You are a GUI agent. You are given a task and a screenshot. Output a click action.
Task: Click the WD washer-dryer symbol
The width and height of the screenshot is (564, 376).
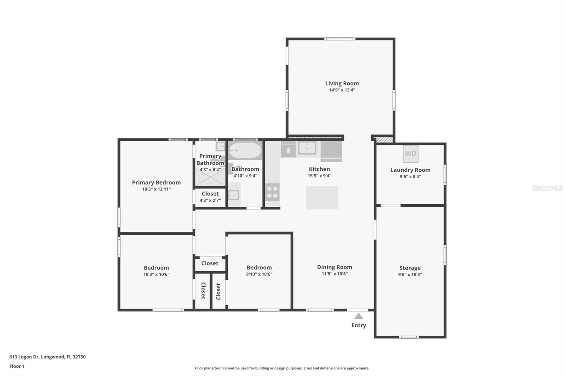point(410,154)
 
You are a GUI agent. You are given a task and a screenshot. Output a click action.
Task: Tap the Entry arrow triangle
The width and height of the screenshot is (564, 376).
point(358,316)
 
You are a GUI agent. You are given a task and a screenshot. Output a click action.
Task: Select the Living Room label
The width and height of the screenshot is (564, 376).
point(342,83)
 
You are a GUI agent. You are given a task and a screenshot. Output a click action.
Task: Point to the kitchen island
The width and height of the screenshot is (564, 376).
point(322,198)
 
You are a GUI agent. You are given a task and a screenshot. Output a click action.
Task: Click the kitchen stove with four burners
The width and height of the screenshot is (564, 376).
point(272,192)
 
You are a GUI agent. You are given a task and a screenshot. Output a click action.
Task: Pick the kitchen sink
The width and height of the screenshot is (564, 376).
point(307,148)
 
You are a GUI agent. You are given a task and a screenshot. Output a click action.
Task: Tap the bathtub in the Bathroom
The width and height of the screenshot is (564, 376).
point(245,151)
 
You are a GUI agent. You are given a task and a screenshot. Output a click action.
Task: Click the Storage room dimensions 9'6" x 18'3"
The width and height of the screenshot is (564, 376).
point(410,274)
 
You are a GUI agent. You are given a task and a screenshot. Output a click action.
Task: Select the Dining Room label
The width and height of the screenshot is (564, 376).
point(335,267)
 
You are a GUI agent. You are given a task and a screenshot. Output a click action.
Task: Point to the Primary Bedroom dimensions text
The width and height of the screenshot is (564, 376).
point(157,189)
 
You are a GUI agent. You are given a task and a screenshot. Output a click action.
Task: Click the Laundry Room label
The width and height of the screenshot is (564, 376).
point(410,170)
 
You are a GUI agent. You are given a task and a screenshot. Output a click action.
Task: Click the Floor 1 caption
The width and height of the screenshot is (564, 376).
point(17,366)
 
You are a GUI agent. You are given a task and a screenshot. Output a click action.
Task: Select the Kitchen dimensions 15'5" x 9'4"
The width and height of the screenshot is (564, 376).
point(319,176)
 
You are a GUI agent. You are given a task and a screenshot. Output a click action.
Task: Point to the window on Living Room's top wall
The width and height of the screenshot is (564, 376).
point(340,39)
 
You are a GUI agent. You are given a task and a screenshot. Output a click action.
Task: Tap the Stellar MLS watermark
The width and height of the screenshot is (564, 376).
point(547,188)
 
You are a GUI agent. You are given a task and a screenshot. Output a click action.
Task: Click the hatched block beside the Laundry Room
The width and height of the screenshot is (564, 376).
point(383,140)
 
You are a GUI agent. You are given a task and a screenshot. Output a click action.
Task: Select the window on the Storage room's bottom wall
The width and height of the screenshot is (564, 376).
point(409,337)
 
